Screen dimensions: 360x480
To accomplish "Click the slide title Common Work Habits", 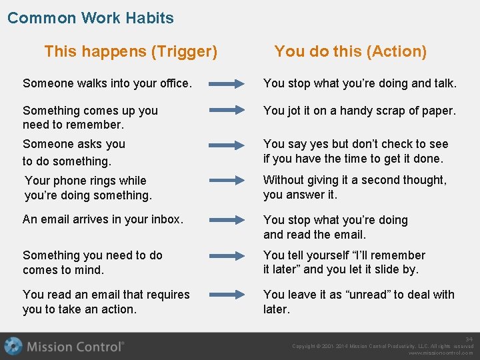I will [90, 18].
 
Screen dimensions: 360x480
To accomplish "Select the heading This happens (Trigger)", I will [131, 51].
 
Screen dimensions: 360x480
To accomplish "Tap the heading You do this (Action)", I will [350, 51].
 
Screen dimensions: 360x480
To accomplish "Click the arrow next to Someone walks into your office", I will [227, 84].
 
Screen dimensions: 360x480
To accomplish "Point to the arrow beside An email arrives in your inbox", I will [227, 219].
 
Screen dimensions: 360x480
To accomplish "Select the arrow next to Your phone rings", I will [227, 180].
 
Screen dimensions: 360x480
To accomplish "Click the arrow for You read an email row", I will [227, 294].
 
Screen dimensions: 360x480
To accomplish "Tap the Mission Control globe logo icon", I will [13, 346].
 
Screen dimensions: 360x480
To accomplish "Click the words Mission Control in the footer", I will [75, 347].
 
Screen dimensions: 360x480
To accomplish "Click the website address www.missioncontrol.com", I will [441, 353].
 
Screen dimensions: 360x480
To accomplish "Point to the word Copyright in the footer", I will [306, 346].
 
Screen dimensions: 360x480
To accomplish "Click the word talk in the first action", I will [443, 84].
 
